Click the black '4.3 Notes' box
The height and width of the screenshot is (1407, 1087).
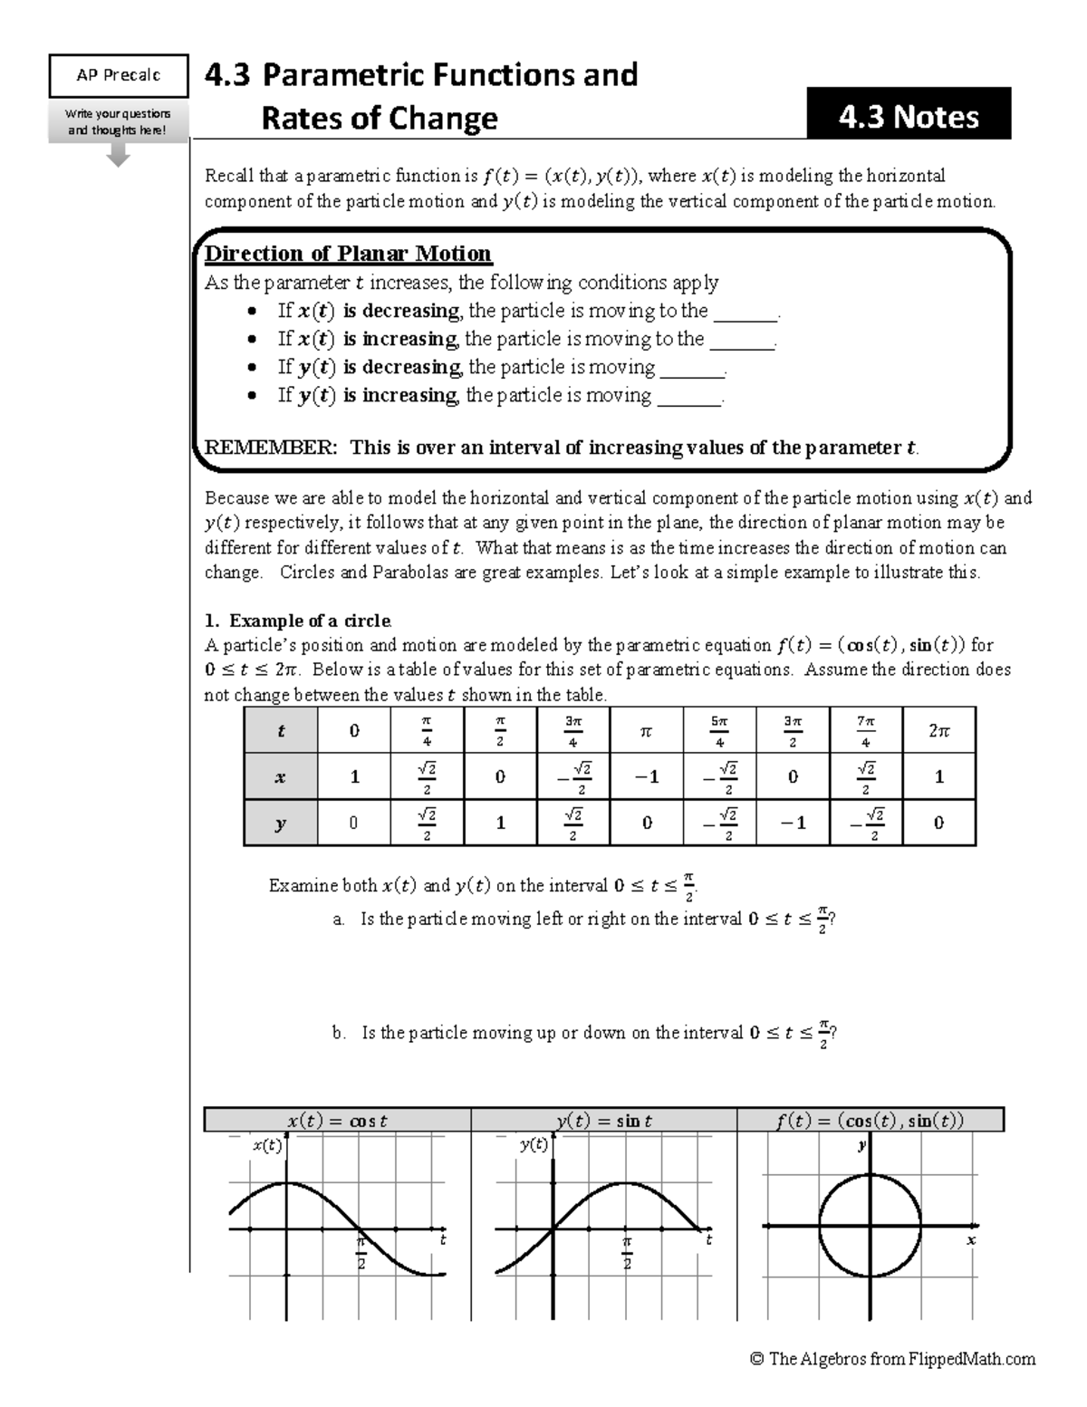tap(909, 115)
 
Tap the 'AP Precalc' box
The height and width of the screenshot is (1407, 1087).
tap(118, 75)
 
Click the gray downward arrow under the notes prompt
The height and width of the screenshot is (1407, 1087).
tap(118, 155)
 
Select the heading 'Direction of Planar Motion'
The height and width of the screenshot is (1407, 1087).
tap(348, 254)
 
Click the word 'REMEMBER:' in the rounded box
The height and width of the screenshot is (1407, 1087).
tap(270, 448)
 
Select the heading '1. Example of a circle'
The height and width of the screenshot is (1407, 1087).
tap(297, 621)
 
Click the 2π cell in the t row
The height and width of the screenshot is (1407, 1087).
tap(938, 730)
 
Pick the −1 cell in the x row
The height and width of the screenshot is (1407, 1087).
tap(646, 776)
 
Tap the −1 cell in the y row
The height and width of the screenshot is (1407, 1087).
tap(793, 823)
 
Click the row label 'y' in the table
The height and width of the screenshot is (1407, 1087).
tap(280, 823)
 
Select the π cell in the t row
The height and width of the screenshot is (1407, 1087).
tap(646, 730)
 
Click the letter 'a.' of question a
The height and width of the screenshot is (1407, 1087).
tap(339, 920)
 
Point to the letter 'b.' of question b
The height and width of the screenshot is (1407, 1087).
tap(339, 1033)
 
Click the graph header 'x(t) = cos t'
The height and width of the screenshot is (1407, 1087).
tap(337, 1121)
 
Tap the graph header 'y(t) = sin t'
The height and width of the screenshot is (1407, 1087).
tap(604, 1121)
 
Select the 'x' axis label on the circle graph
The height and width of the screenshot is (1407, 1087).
tap(970, 1240)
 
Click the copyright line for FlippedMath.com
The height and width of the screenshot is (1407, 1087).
tap(892, 1359)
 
